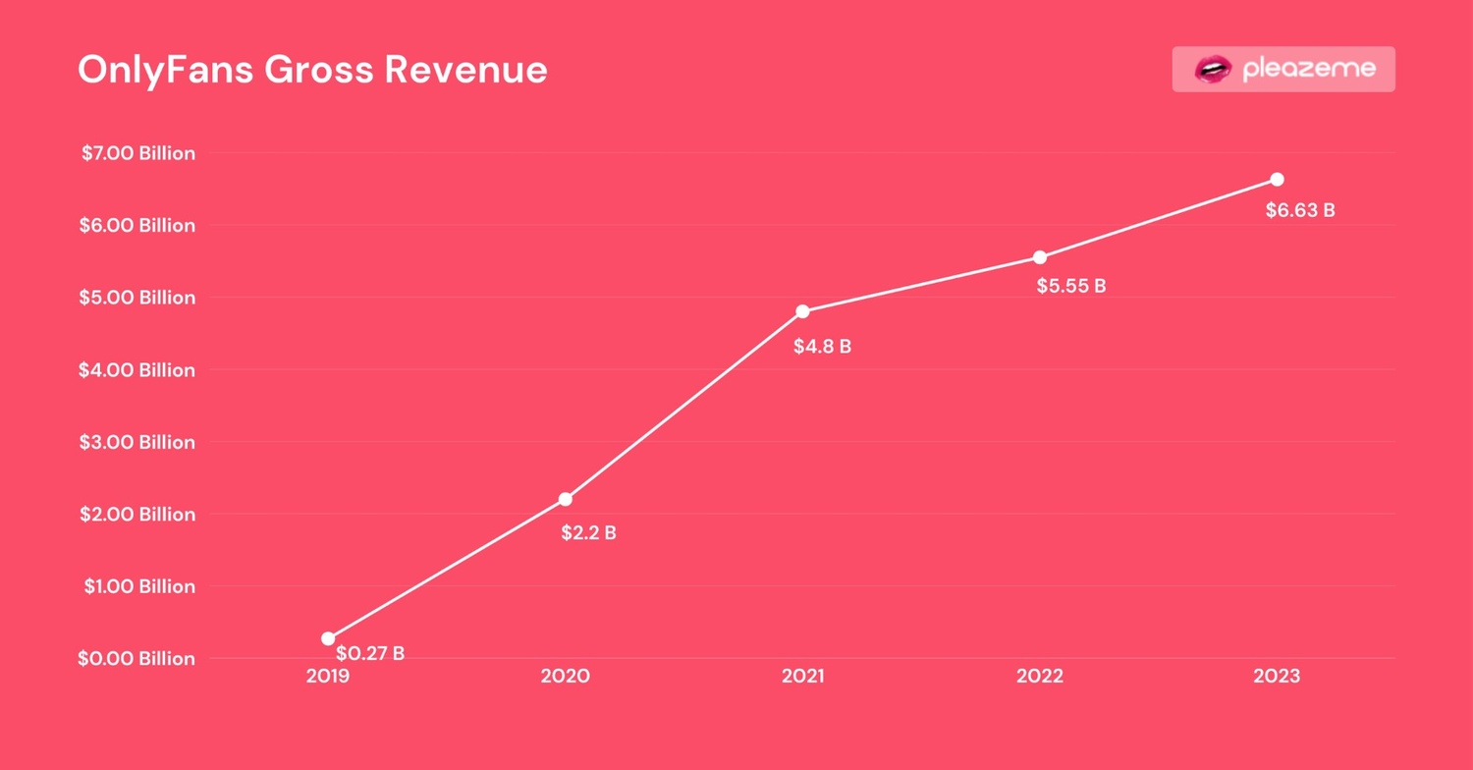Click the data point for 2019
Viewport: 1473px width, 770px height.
click(328, 638)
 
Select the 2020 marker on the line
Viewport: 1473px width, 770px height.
click(566, 499)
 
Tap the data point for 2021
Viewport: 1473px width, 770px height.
click(802, 311)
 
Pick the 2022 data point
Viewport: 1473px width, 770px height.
click(1040, 257)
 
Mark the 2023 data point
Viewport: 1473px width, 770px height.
click(1277, 179)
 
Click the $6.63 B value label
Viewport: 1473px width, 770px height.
click(1300, 209)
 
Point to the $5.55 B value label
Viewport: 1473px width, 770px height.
click(1071, 287)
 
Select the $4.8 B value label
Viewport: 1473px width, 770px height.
click(822, 346)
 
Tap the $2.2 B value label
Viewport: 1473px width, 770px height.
click(588, 533)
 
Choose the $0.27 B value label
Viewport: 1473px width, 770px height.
click(370, 653)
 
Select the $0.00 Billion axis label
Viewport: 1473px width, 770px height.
click(136, 658)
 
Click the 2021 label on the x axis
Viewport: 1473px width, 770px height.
click(802, 676)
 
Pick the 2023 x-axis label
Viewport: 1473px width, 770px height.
click(1277, 676)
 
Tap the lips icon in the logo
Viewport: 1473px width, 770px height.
click(1213, 69)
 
